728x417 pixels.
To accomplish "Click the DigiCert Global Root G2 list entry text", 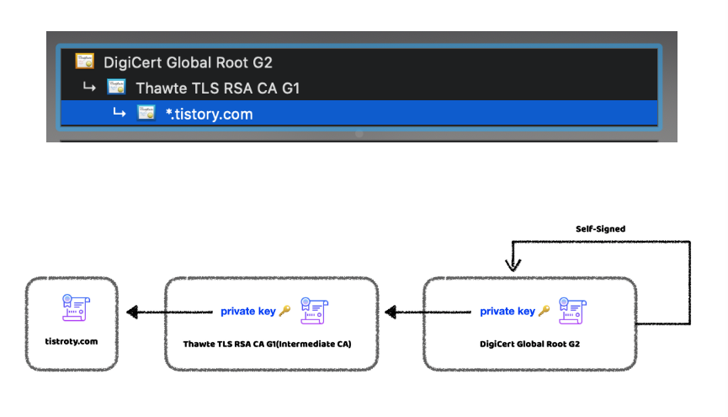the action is pyautogui.click(x=188, y=62).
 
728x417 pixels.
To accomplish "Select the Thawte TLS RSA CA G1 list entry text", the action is pyautogui.click(x=217, y=88).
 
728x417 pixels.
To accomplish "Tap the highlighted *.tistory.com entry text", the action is pyautogui.click(x=210, y=115).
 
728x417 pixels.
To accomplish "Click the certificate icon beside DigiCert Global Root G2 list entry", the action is pyautogui.click(x=84, y=61).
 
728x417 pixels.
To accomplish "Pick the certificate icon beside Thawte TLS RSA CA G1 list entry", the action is pyautogui.click(x=116, y=87).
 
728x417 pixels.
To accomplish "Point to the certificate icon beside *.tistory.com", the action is pyautogui.click(x=146, y=113).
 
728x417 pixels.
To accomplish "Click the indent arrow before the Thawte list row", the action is pyautogui.click(x=89, y=87).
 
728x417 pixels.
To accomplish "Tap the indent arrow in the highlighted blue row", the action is pyautogui.click(x=120, y=113).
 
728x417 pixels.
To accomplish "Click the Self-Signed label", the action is pyautogui.click(x=600, y=229).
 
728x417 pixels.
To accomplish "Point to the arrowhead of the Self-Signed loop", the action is pyautogui.click(x=513, y=265).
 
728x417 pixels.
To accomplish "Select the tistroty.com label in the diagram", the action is pyautogui.click(x=72, y=341).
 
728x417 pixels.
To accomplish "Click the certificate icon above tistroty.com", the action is pyautogui.click(x=76, y=307).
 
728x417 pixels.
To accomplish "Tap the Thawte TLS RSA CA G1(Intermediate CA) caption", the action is pyautogui.click(x=267, y=344).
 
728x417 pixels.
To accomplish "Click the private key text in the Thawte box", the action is pyautogui.click(x=248, y=311).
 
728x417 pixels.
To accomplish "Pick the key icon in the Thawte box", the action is pyautogui.click(x=284, y=311).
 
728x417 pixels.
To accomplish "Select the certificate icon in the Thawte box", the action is pyautogui.click(x=314, y=311).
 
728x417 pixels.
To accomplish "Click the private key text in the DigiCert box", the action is pyautogui.click(x=507, y=311).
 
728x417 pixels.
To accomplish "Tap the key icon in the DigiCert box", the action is pyautogui.click(x=544, y=311).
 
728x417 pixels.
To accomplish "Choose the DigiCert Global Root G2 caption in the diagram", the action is pyautogui.click(x=529, y=344).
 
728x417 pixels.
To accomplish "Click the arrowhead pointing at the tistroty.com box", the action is pyautogui.click(x=132, y=312).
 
